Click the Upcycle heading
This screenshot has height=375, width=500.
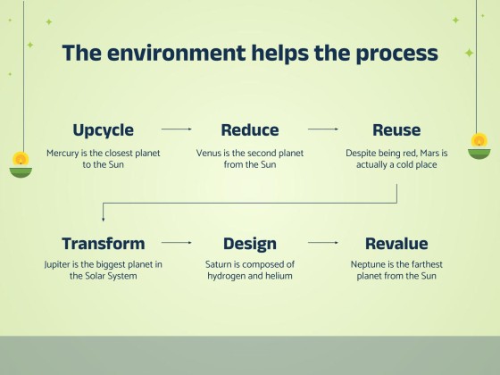pyautogui.click(x=103, y=130)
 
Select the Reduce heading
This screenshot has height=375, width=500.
pyautogui.click(x=250, y=130)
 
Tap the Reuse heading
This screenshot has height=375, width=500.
pyautogui.click(x=396, y=130)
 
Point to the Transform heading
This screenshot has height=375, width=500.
pyautogui.click(x=103, y=244)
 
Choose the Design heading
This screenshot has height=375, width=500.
pyautogui.click(x=250, y=244)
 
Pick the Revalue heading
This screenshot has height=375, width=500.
pyautogui.click(x=396, y=244)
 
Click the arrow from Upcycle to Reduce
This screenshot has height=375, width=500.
pyautogui.click(x=177, y=129)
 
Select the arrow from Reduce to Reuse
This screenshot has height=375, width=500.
pyautogui.click(x=323, y=129)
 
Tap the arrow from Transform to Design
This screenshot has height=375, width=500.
pyautogui.click(x=177, y=243)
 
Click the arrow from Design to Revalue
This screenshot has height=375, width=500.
pyautogui.click(x=323, y=243)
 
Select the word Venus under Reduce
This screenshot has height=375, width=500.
pyautogui.click(x=210, y=153)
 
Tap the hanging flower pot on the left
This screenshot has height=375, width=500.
pyautogui.click(x=20, y=165)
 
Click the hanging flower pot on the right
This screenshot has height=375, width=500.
pyautogui.click(x=480, y=144)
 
